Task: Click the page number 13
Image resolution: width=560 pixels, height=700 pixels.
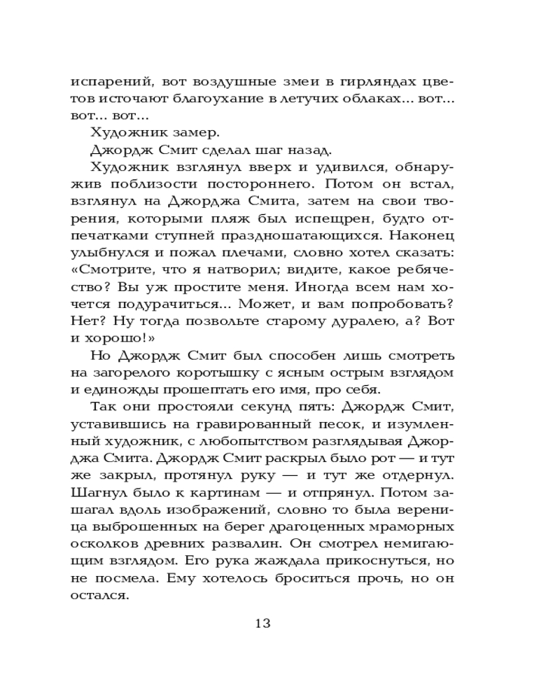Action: (262, 624)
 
